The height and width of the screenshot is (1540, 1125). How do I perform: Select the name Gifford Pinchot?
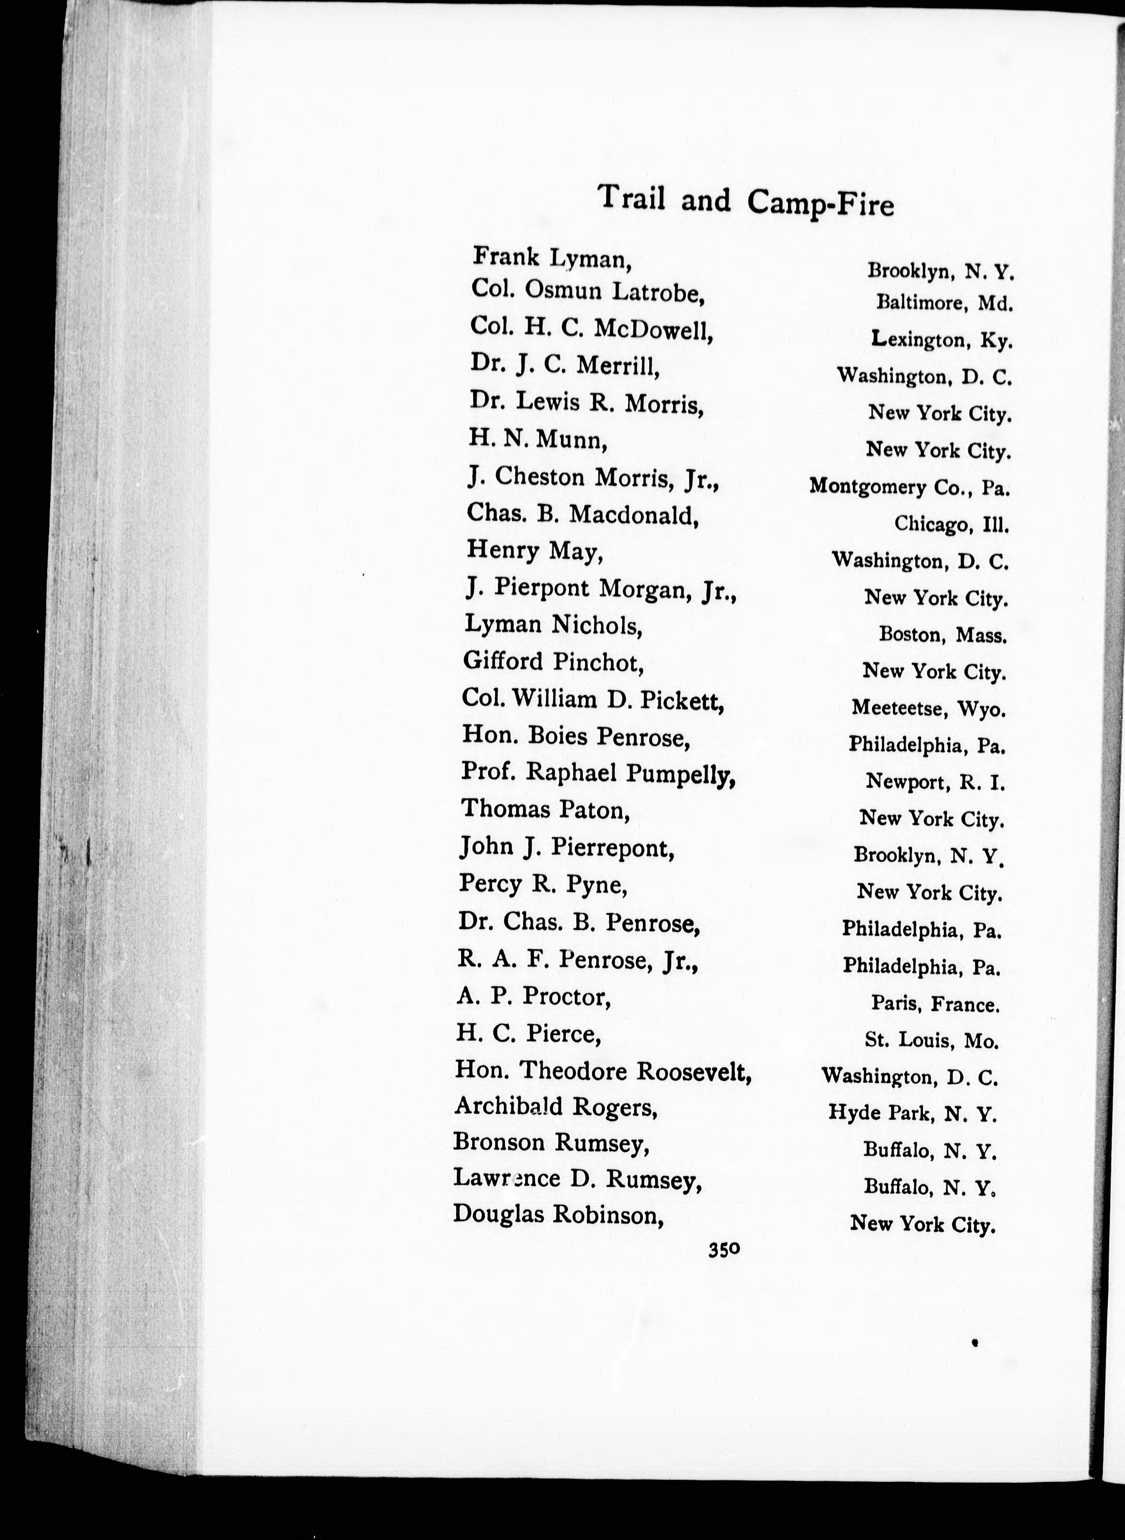pos(553,662)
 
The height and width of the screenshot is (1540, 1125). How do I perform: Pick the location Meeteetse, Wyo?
pos(928,709)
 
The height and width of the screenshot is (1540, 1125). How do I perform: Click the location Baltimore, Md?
pos(945,302)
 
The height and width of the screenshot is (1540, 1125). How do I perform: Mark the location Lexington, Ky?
pos(942,339)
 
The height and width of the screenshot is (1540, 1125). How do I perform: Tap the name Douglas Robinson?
pos(558,1215)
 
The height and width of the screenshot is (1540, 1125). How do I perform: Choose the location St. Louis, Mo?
pos(931,1041)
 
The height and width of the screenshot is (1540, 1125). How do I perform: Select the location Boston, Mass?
pos(943,635)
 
